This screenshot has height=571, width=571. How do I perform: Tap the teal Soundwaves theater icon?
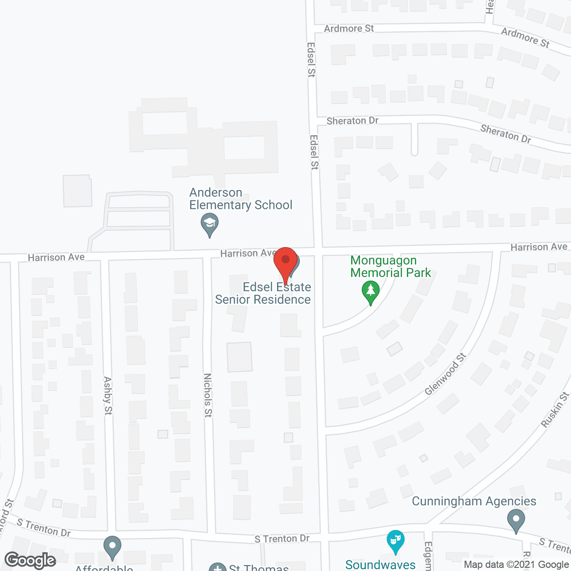(x=395, y=541)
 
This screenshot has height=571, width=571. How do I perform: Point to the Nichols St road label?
(x=208, y=395)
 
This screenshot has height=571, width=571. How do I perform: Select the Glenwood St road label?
(x=445, y=374)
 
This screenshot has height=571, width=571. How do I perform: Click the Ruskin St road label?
(x=555, y=410)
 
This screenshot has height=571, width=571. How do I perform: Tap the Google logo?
(x=30, y=560)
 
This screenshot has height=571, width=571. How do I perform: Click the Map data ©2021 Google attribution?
(x=516, y=565)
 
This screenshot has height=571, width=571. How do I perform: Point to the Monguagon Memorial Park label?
(x=390, y=266)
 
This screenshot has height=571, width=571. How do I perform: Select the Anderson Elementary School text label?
(x=240, y=199)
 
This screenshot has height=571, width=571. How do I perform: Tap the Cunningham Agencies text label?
(x=474, y=501)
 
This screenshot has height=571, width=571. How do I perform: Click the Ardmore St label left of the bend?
(x=349, y=29)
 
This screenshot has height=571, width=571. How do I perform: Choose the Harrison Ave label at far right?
(x=539, y=247)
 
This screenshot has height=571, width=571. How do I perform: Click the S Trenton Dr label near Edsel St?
(x=282, y=539)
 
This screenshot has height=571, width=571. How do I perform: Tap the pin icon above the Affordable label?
(x=112, y=547)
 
